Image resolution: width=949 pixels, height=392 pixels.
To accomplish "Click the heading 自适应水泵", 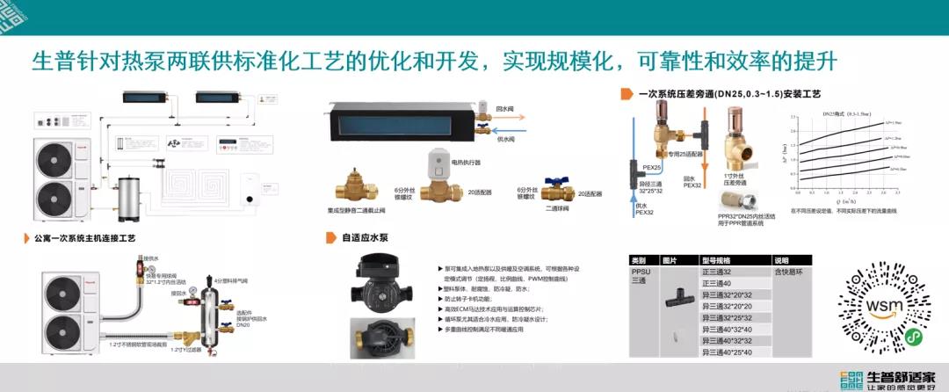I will coord(365,237).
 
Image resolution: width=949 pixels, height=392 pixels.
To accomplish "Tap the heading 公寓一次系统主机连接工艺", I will coord(84,237).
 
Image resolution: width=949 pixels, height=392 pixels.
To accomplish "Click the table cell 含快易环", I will coord(788,272).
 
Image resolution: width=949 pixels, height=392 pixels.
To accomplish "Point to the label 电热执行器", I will coord(467,163).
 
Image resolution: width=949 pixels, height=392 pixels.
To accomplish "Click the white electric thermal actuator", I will coord(438,163).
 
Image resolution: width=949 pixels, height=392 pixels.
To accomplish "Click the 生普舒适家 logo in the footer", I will coord(887,378).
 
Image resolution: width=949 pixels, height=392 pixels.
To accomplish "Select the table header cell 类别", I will coord(638,261).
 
